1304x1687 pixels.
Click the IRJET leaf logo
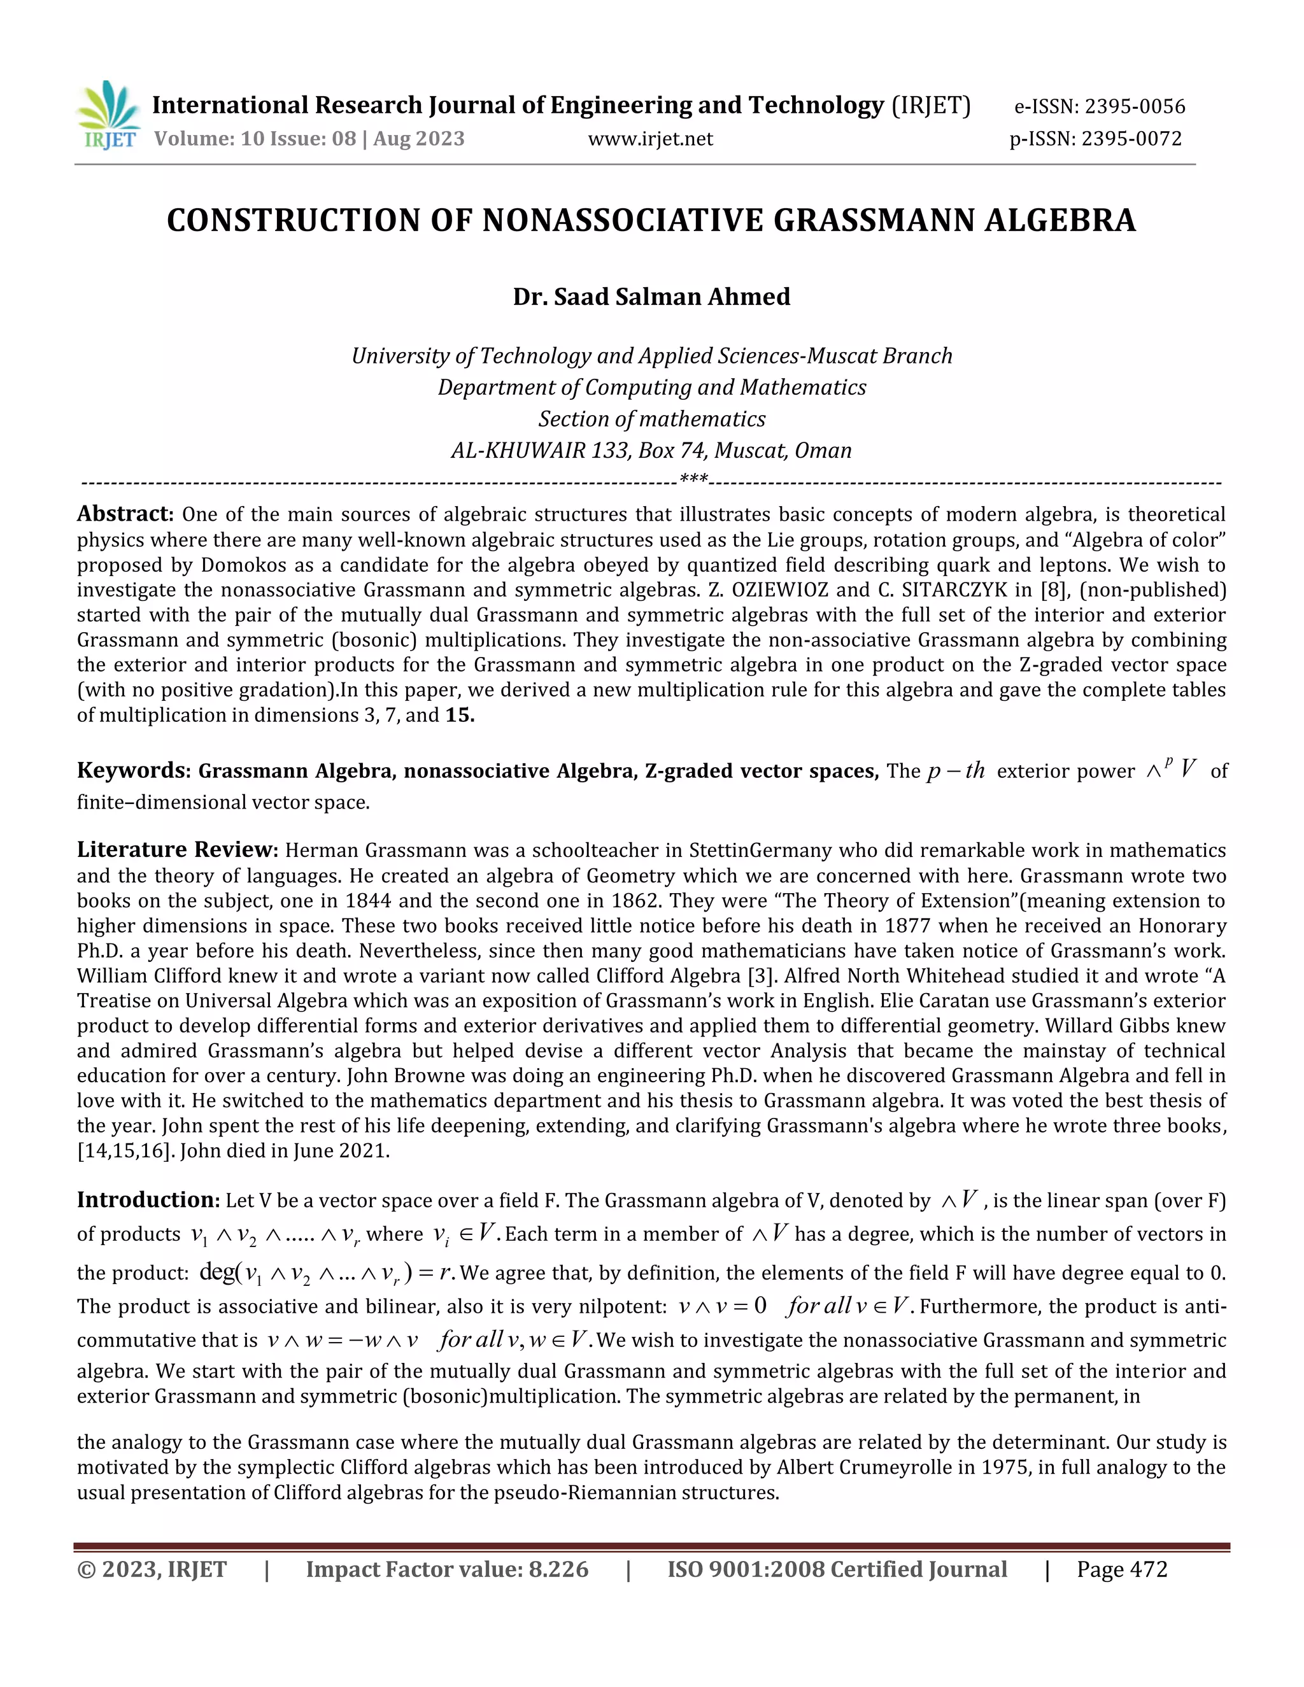pyautogui.click(x=109, y=115)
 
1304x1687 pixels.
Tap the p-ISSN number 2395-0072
pyautogui.click(x=1131, y=139)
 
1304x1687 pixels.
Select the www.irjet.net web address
pyautogui.click(x=651, y=139)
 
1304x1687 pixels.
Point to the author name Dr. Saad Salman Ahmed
pyautogui.click(x=651, y=297)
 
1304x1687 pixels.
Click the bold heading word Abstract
pyautogui.click(x=124, y=514)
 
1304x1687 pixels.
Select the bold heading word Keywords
pyautogui.click(x=132, y=771)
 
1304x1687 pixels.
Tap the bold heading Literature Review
pyautogui.click(x=176, y=850)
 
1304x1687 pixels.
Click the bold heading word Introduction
pyautogui.click(x=148, y=1199)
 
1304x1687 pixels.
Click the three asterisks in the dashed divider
pyautogui.click(x=694, y=481)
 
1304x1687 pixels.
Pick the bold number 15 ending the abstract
pyautogui.click(x=459, y=716)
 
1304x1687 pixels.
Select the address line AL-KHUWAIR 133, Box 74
pyautogui.click(x=651, y=450)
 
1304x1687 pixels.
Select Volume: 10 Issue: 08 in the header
pyautogui.click(x=255, y=139)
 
